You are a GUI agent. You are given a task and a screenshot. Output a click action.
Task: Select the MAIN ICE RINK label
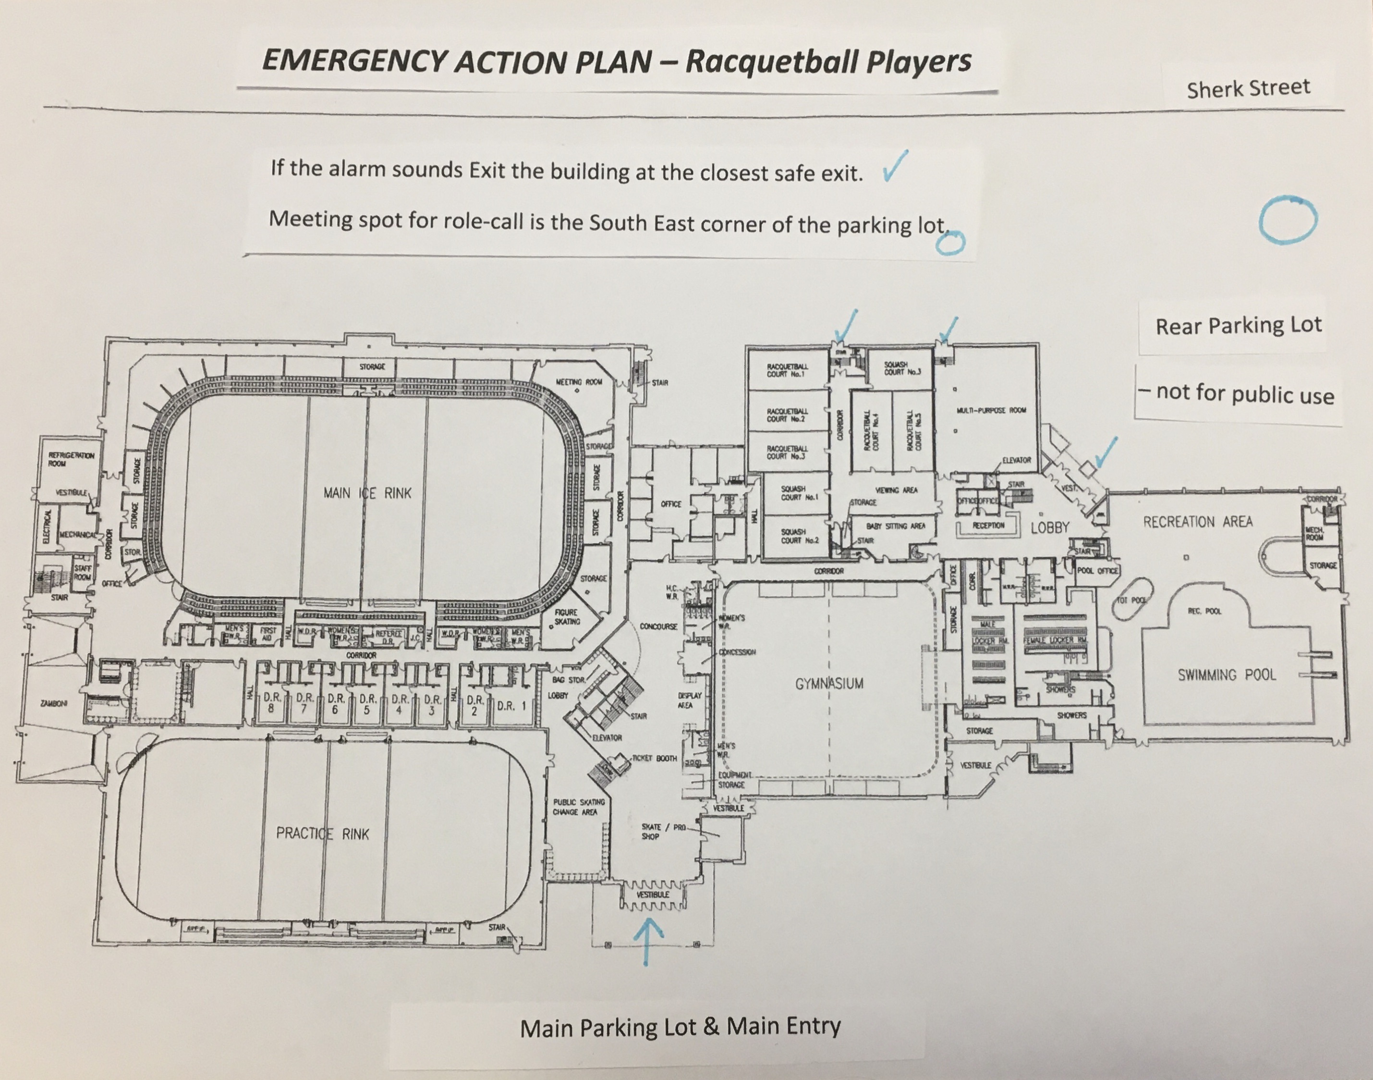click(x=367, y=492)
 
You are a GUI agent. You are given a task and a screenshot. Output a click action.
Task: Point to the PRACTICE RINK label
click(x=322, y=834)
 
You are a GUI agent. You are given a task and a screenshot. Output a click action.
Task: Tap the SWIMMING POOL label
click(x=1227, y=675)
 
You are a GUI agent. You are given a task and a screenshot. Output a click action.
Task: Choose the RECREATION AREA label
click(x=1197, y=522)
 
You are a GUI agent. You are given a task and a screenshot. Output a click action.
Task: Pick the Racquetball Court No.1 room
click(x=787, y=370)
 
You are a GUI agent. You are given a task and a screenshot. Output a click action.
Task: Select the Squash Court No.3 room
click(x=901, y=368)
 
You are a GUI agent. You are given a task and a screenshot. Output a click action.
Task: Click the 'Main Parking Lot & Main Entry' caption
click(x=680, y=1028)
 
